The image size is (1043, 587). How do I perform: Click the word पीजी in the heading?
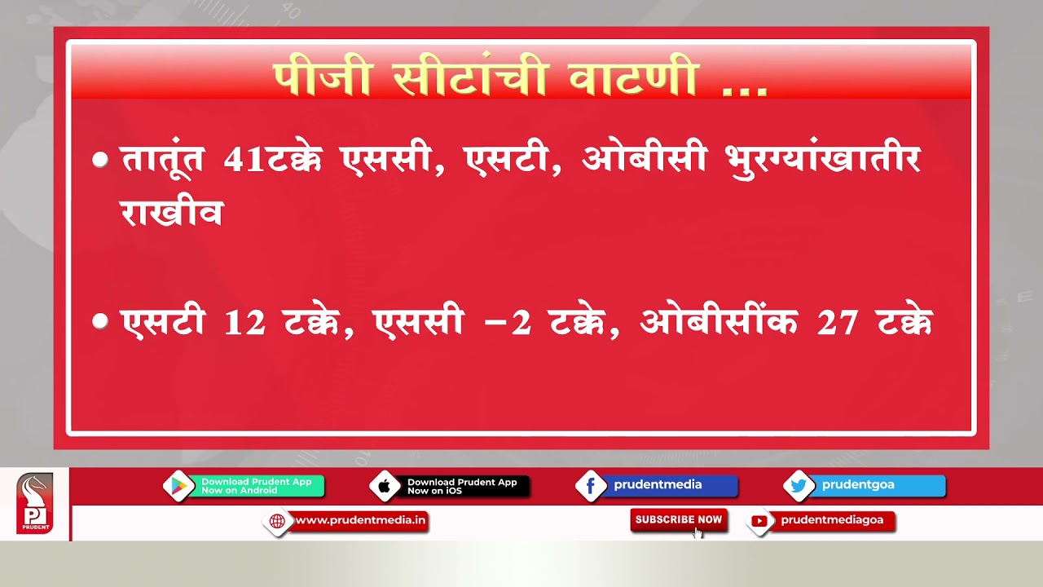point(323,79)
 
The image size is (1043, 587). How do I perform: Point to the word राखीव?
point(171,214)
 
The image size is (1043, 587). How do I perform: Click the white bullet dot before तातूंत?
point(100,160)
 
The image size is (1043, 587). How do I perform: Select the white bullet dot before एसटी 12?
point(100,322)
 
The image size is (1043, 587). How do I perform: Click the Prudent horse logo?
point(34,504)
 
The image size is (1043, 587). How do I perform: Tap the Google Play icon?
point(178,487)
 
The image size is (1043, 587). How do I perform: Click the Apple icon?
point(385,487)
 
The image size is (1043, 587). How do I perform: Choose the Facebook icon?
point(591,487)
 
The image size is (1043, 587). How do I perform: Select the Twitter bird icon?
point(799,487)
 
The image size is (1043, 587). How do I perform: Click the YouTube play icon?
point(759,521)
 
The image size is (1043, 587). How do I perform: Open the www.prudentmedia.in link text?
point(360,520)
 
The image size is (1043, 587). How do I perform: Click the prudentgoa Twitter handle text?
point(858,484)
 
